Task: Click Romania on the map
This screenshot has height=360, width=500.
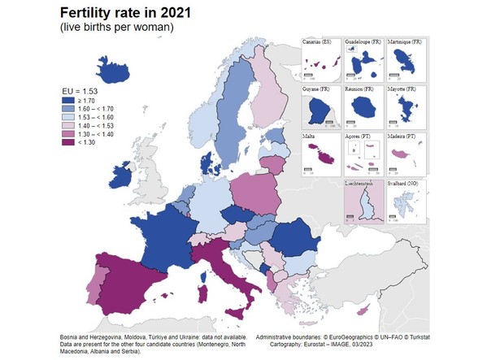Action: tap(293, 238)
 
